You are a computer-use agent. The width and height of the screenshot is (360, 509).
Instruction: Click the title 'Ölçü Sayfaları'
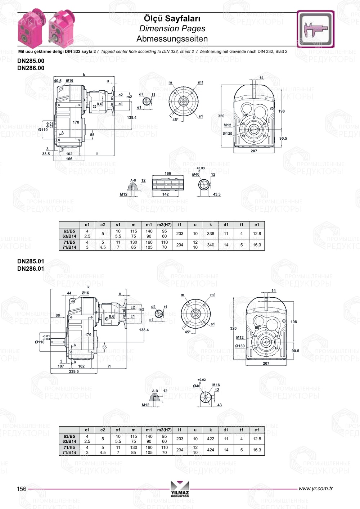pos(172,18)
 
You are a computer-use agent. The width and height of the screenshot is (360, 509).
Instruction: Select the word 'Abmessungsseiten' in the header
pos(172,39)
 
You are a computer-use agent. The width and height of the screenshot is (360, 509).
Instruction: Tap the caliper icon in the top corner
pos(315,29)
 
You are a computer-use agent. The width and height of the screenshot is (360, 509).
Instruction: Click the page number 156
pos(22,489)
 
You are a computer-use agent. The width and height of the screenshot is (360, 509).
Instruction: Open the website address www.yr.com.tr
pos(315,488)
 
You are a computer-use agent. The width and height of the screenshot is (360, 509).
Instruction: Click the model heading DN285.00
pos(31,61)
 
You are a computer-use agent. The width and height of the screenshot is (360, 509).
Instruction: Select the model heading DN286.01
pos(31,269)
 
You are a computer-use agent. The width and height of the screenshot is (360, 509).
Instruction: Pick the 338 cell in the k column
pos(211,234)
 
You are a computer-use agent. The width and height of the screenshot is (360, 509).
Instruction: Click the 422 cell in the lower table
pos(211,439)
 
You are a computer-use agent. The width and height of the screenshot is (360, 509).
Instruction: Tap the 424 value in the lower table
pos(211,450)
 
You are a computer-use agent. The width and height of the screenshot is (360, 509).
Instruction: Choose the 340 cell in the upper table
pos(211,245)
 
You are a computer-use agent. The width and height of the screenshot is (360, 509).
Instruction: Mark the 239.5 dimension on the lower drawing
pos(73,371)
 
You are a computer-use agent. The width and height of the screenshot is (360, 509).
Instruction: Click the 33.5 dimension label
pos(46,154)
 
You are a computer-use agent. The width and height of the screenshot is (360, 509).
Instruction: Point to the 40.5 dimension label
pos(58,81)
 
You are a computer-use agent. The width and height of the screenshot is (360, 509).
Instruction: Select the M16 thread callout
pos(216,385)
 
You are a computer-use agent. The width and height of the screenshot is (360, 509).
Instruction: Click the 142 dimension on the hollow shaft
pos(165,194)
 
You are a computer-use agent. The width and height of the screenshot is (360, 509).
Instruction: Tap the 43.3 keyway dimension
pos(217,194)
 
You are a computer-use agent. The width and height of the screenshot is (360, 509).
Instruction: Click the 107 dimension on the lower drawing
pos(61,366)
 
